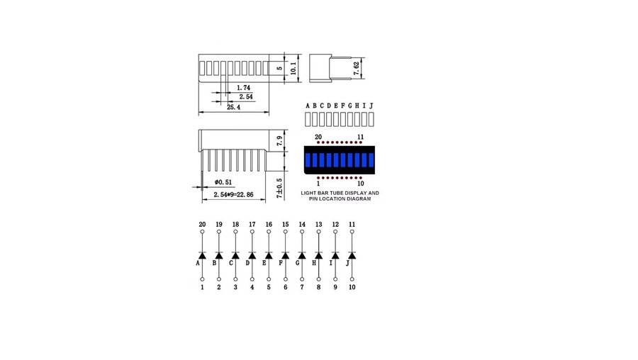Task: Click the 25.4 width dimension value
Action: (x=233, y=108)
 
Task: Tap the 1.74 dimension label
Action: (x=243, y=87)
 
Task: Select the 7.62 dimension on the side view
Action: (x=357, y=68)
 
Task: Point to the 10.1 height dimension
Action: (x=293, y=68)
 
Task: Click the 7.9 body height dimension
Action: (x=279, y=141)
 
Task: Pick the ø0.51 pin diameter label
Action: (x=223, y=182)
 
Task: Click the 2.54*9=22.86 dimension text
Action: (x=233, y=194)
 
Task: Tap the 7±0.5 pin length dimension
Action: (x=279, y=189)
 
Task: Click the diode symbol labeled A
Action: (x=202, y=255)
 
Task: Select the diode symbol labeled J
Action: (x=352, y=255)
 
